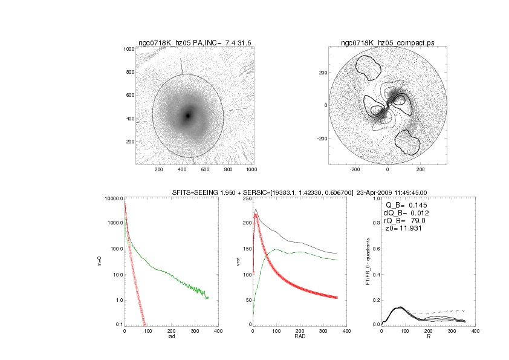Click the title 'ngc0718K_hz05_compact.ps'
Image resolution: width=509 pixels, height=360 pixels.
tap(387, 42)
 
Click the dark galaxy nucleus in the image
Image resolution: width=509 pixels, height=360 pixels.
tap(188, 115)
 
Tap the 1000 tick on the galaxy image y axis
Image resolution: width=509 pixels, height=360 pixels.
tap(127, 49)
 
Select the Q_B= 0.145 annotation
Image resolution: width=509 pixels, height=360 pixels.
tap(404, 205)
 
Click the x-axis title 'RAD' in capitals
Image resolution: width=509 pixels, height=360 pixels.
tap(300, 337)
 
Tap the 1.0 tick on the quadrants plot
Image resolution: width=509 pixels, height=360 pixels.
tap(375, 198)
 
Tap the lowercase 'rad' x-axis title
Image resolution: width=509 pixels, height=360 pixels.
tap(170, 337)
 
